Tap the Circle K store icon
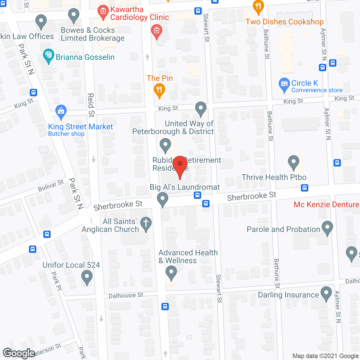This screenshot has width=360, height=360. click(284, 84)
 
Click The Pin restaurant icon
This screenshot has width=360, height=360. click(159, 90)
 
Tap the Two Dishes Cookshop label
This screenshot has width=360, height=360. click(284, 22)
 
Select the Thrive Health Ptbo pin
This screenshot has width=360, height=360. click(294, 162)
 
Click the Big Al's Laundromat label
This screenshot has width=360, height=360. click(185, 187)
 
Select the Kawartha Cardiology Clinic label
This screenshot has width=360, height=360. click(139, 13)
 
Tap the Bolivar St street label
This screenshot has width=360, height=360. click(51, 186)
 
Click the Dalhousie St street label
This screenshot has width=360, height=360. click(126, 295)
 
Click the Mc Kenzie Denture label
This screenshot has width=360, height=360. click(326, 204)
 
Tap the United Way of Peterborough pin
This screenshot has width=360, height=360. click(201, 108)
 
